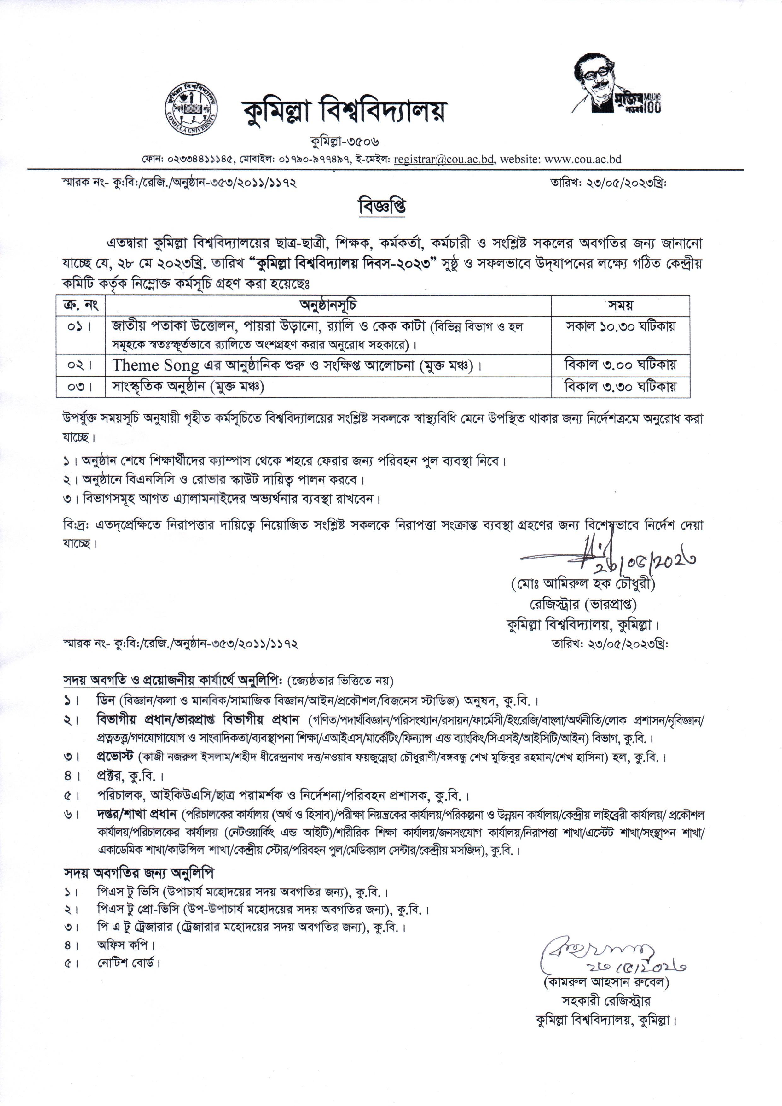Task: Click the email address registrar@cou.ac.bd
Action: (x=443, y=160)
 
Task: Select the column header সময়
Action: (x=620, y=305)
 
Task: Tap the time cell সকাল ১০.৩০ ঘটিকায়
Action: (x=620, y=327)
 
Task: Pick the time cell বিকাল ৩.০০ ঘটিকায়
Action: (x=620, y=365)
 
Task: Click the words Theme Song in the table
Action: (x=155, y=366)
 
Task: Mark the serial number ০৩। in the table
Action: (x=80, y=387)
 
